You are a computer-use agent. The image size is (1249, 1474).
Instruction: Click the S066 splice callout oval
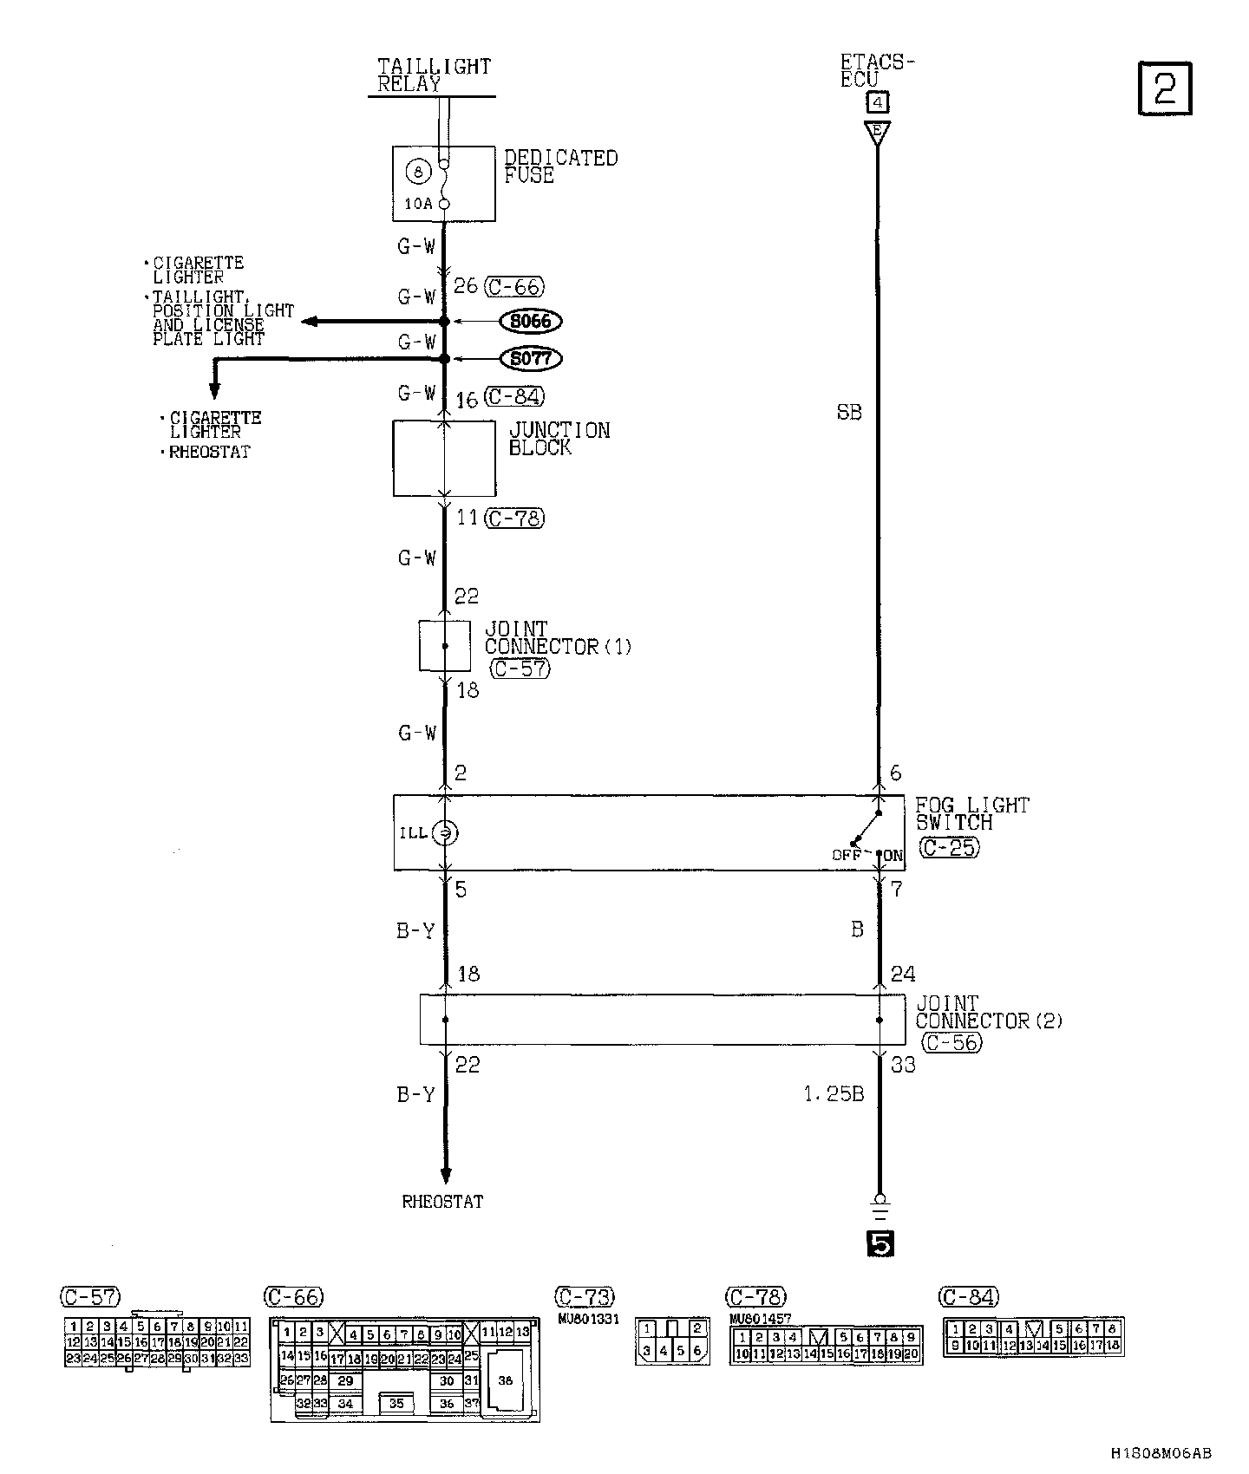pyautogui.click(x=531, y=322)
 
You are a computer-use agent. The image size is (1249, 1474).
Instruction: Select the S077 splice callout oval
pyautogui.click(x=531, y=358)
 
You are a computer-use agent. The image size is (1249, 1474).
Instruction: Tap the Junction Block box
pyautogui.click(x=444, y=459)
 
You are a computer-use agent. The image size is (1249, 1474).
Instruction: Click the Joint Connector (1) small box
pyautogui.click(x=445, y=646)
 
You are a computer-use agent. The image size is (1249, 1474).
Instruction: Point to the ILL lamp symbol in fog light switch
pyautogui.click(x=445, y=833)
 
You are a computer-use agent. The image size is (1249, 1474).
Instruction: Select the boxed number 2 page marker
pyautogui.click(x=1164, y=88)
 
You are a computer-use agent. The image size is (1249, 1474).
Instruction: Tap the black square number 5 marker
pyautogui.click(x=879, y=1245)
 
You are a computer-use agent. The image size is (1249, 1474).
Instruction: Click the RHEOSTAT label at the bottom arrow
pyautogui.click(x=442, y=1202)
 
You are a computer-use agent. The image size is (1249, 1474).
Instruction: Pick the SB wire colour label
pyautogui.click(x=849, y=413)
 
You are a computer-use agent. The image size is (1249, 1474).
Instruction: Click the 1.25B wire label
pyautogui.click(x=833, y=1094)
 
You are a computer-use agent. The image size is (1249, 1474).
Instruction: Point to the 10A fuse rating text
pyautogui.click(x=418, y=204)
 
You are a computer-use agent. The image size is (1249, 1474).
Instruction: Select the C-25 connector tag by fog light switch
pyautogui.click(x=949, y=847)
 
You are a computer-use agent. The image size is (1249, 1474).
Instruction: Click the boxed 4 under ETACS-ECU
pyautogui.click(x=878, y=103)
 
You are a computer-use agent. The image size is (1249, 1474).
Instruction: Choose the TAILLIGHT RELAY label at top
pyautogui.click(x=434, y=75)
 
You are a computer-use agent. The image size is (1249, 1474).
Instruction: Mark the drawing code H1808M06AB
pyautogui.click(x=1161, y=1453)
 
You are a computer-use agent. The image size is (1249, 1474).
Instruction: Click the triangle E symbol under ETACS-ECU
pyautogui.click(x=878, y=132)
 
